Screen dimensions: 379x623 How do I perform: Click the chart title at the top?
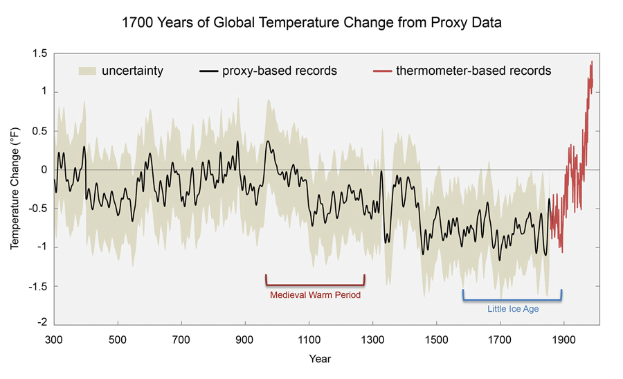tap(311, 24)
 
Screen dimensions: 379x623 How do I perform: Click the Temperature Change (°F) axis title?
tap(15, 188)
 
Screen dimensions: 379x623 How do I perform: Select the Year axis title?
tap(320, 359)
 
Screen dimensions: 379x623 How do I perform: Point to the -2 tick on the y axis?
tap(42, 324)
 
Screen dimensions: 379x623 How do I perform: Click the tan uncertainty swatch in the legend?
tap(87, 71)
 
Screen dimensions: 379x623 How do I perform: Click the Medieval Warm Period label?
tap(315, 294)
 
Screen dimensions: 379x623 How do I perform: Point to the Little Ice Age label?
tap(512, 309)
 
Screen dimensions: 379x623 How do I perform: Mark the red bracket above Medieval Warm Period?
tap(315, 284)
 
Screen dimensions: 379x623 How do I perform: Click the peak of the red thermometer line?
tap(591, 62)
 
